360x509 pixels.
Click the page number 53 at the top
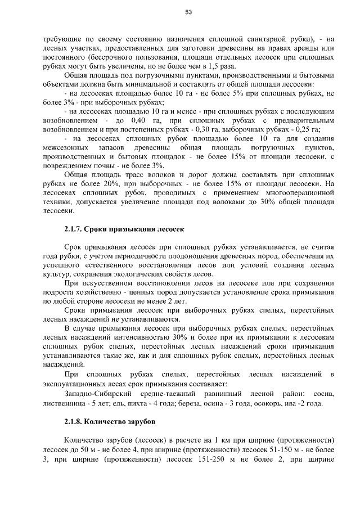[188, 12]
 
